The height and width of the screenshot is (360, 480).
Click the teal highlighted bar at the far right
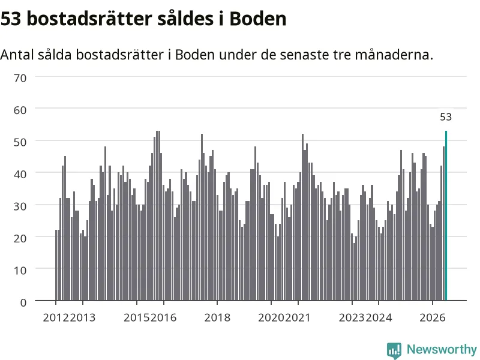coord(446,215)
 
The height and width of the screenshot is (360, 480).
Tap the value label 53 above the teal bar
coord(446,117)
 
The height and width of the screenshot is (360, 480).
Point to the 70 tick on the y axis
coord(20,78)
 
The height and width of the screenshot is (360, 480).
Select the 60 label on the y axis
coord(20,110)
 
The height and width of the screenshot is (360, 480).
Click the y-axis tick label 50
coord(20,142)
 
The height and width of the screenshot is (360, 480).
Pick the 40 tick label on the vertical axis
coord(20,174)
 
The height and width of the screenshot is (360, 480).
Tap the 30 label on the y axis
coord(20,206)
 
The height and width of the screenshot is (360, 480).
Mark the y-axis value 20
coord(20,238)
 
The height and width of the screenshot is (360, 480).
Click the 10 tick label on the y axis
coord(20,271)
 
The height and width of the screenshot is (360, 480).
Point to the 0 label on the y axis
coord(23,302)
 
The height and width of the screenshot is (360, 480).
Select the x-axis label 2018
coord(217,317)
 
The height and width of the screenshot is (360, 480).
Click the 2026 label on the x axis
coord(433,317)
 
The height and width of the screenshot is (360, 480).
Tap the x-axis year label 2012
coord(56,317)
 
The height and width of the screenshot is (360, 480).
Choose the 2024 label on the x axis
coord(379,317)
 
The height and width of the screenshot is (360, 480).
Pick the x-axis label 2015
coord(137,317)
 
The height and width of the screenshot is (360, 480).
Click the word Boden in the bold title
coord(258,19)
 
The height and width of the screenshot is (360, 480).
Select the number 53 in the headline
coord(11,19)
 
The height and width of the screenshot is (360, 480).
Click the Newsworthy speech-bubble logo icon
coord(394,350)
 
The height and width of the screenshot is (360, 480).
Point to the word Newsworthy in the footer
coord(442,349)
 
